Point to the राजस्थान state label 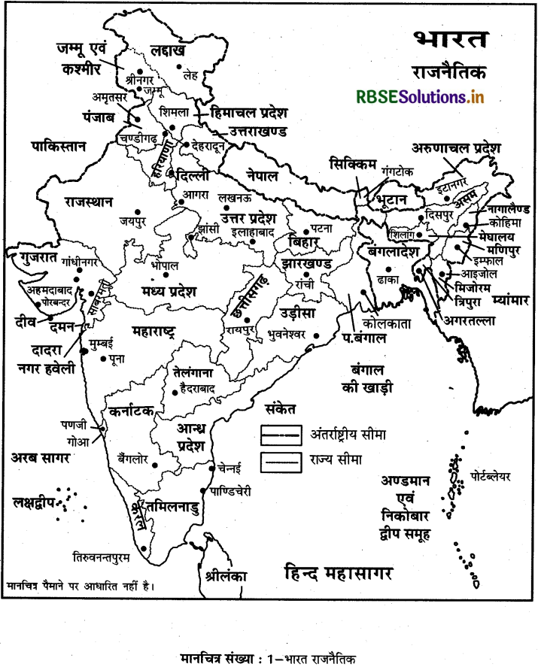pos(89,202)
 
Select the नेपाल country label pos(261,176)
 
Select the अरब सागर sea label pos(41,457)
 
